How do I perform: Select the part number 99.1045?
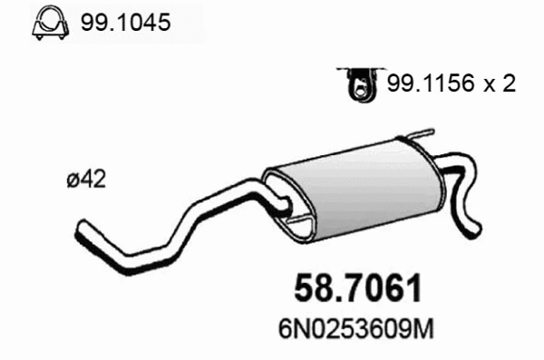[x=125, y=24]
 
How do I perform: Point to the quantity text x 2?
[x=501, y=85]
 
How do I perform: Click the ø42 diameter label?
[x=86, y=180]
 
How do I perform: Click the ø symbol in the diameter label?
[x=73, y=180]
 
